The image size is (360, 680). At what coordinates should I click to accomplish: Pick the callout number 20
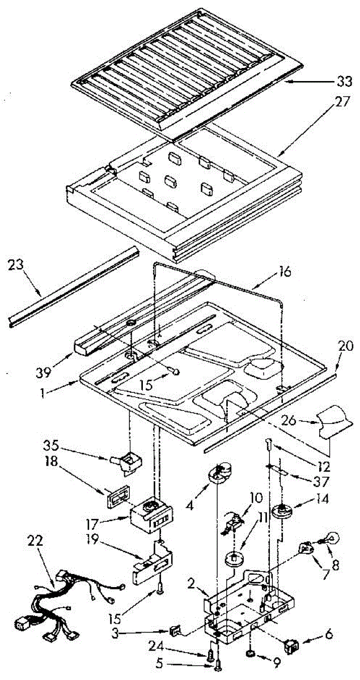346,345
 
